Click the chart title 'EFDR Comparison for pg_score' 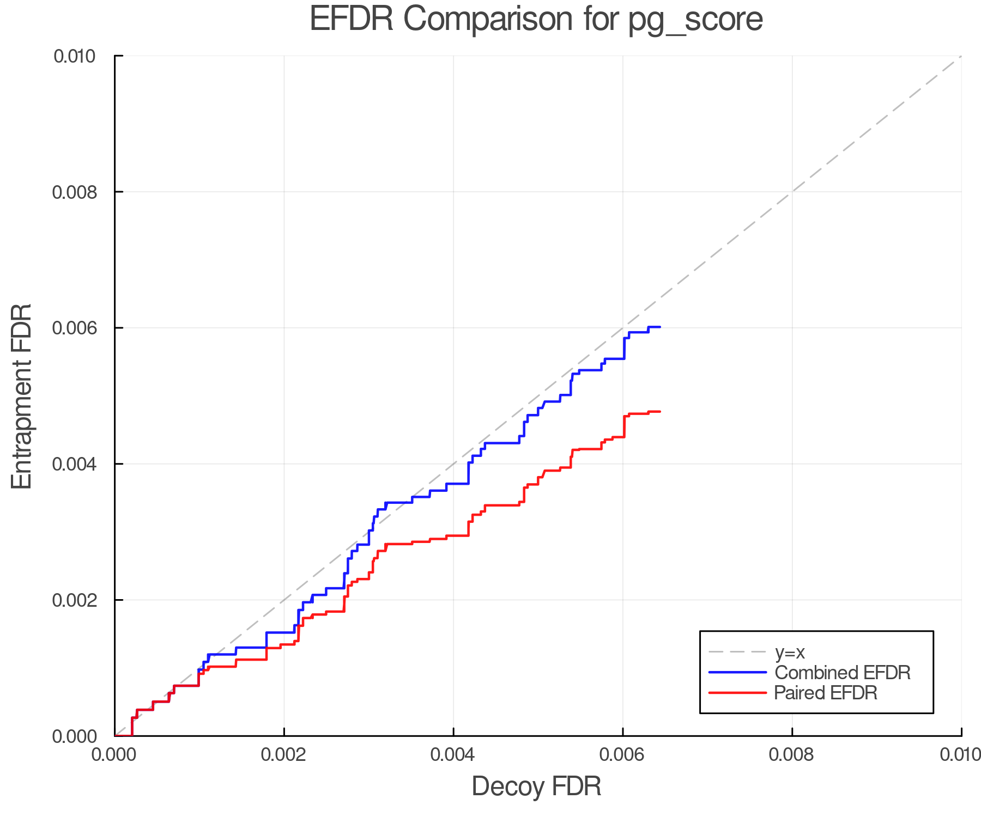[536, 20]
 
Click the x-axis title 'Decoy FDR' [536, 786]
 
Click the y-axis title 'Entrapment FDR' [22, 396]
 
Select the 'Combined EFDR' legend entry [842, 673]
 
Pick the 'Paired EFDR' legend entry [825, 693]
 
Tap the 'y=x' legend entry [790, 653]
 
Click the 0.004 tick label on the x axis [453, 755]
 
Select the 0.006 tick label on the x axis [623, 755]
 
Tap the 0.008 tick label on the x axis [792, 755]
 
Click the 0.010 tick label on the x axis [960, 755]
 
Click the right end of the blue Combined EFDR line [660, 327]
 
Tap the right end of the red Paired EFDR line [660, 411]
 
